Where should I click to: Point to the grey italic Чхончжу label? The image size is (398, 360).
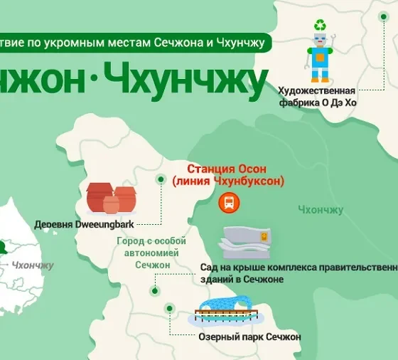tap(33, 265)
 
